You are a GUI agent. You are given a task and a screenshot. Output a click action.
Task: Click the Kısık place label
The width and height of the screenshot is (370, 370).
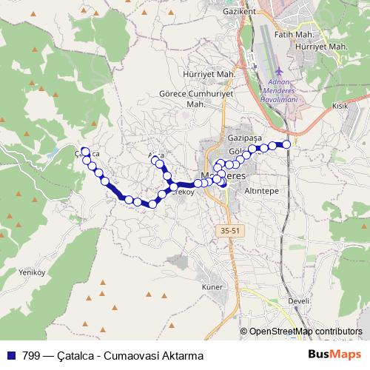(x=340, y=107)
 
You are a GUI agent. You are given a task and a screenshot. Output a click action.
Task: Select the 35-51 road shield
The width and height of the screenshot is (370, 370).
(x=231, y=232)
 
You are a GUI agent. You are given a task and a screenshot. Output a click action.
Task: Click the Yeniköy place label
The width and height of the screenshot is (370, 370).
(x=14, y=270)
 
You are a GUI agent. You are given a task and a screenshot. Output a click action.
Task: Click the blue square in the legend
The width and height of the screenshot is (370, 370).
(x=12, y=355)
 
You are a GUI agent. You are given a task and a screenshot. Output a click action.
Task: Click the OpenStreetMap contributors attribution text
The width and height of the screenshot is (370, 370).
(x=305, y=332)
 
